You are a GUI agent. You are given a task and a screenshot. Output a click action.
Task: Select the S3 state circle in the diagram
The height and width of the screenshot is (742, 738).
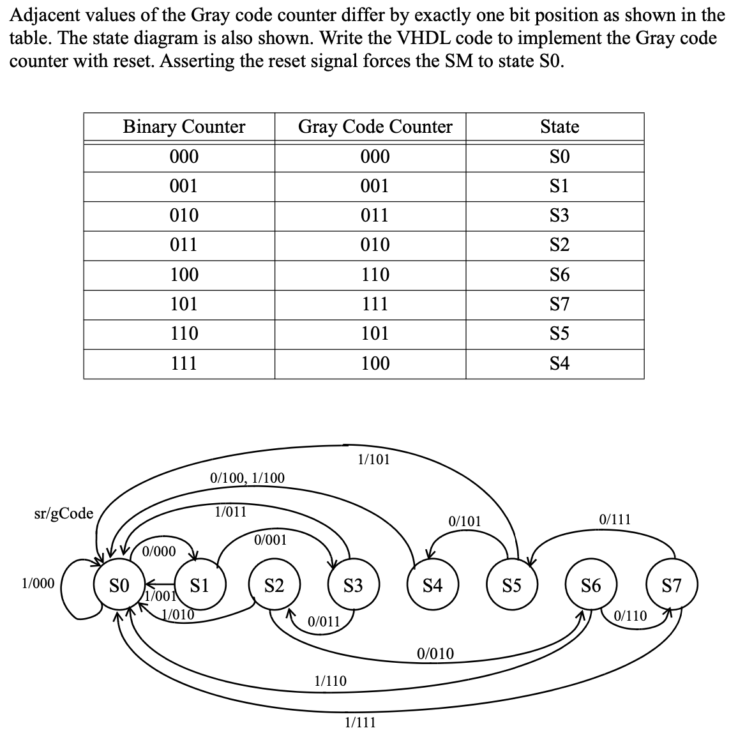click(353, 584)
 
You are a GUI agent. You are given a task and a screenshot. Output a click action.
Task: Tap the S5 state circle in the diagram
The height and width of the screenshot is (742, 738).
click(511, 584)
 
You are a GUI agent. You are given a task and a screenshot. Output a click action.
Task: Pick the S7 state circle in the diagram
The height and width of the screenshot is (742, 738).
click(672, 584)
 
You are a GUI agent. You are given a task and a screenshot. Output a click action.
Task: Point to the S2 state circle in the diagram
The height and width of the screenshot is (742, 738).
click(275, 584)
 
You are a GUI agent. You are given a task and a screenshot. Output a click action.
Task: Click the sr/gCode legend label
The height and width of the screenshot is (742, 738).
click(63, 513)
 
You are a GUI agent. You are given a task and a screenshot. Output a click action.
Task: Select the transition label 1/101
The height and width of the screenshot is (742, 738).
click(373, 459)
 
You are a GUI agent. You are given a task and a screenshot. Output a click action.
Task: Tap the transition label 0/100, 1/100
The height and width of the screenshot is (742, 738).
click(247, 478)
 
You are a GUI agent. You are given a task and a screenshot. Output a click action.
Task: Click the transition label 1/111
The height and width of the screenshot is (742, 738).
click(360, 722)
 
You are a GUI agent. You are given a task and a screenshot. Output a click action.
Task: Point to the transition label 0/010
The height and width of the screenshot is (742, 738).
click(435, 653)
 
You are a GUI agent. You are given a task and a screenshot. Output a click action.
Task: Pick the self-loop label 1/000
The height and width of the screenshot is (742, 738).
click(38, 583)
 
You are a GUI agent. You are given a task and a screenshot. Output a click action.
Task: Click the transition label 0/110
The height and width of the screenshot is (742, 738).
click(631, 616)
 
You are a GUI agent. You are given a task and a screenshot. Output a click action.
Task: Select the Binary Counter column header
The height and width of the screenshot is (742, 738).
click(184, 126)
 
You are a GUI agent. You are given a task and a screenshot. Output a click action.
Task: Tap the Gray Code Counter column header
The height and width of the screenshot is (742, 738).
click(375, 126)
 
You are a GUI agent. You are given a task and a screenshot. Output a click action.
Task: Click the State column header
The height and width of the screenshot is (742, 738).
click(559, 126)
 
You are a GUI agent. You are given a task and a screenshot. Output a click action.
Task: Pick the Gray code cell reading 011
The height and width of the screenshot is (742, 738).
click(375, 215)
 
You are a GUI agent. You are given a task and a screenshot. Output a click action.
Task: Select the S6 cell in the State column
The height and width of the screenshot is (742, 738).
click(559, 275)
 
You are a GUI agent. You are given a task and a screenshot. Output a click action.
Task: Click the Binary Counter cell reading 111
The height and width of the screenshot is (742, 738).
click(184, 363)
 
